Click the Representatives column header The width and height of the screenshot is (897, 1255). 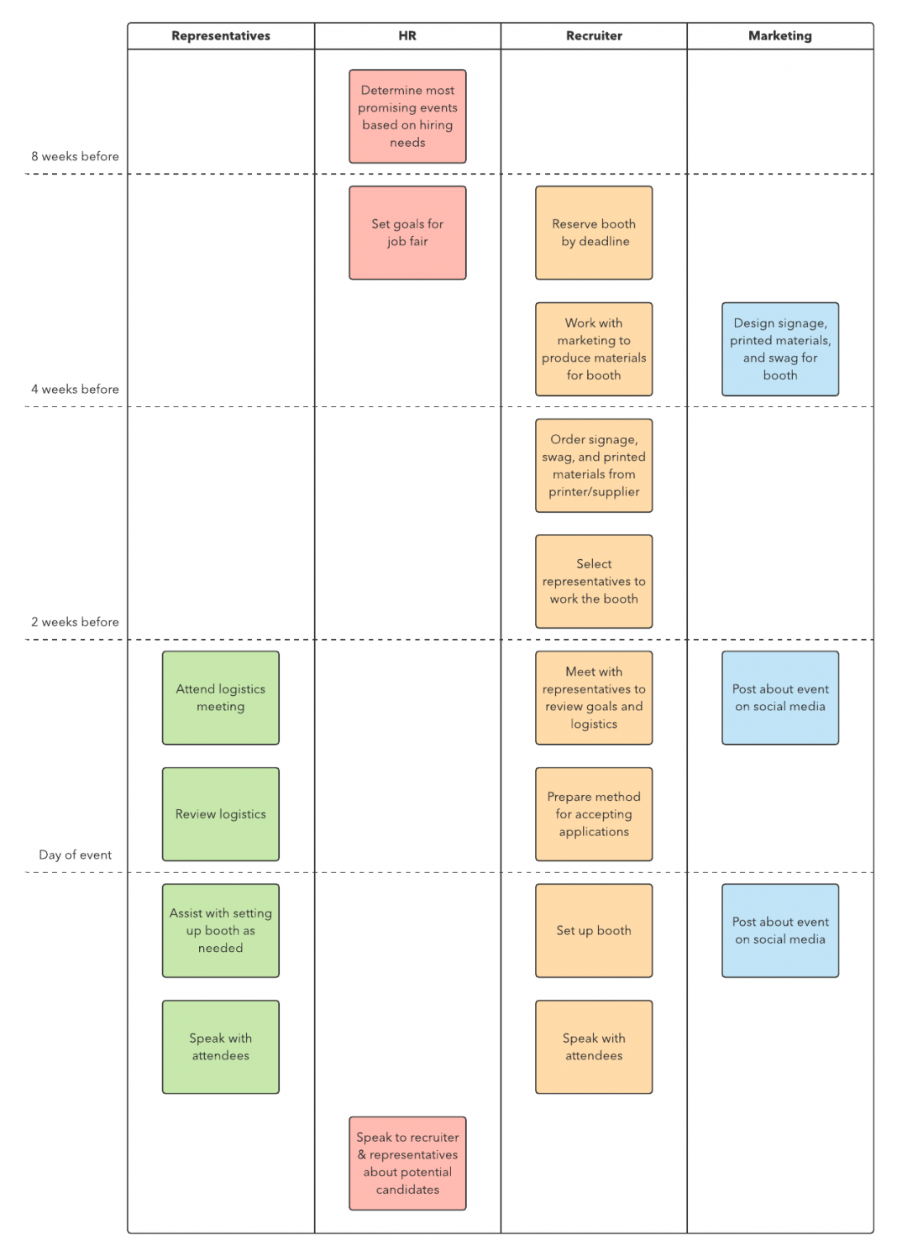tap(221, 36)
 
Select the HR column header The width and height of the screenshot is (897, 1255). tap(407, 36)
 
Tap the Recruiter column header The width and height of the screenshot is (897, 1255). tap(594, 36)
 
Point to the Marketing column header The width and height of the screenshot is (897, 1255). tap(780, 36)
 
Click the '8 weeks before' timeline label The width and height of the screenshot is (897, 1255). tap(75, 156)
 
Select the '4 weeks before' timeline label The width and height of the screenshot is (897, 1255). tap(75, 389)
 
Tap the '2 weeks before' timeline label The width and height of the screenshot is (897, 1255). tap(75, 622)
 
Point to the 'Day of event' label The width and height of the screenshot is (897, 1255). tap(75, 855)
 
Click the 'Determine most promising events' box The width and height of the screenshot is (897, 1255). tap(407, 117)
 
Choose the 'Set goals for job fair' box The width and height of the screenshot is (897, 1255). tap(407, 233)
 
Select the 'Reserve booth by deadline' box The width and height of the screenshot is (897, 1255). tap(594, 233)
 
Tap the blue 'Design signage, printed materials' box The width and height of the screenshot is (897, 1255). tap(780, 349)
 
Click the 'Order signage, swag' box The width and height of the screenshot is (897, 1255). tap(594, 466)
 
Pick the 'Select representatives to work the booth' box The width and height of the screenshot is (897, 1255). tap(594, 582)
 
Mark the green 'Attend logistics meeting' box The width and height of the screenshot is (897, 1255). tap(221, 698)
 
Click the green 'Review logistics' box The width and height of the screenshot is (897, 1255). tap(221, 814)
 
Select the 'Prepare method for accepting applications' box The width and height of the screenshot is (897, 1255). tap(594, 814)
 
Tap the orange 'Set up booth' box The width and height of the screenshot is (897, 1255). tap(594, 930)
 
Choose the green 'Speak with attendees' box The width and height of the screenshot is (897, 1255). tap(221, 1047)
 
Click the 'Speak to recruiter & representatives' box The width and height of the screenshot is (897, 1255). tap(407, 1163)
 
